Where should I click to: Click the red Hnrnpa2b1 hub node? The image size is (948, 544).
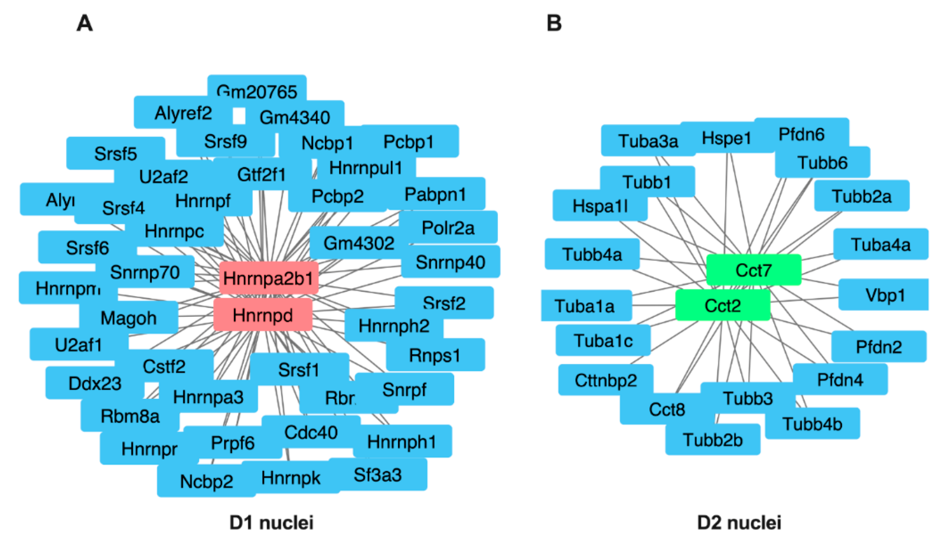pos(268,278)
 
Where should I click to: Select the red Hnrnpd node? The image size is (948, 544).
pos(263,315)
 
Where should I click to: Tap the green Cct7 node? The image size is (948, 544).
pos(753,270)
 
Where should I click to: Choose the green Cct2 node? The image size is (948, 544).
pos(722,306)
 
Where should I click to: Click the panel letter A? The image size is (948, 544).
pos(85,23)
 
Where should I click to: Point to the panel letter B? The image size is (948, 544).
pos(554,23)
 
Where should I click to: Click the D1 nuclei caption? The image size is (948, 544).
pos(271,522)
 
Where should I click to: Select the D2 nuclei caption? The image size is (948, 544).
pos(739,522)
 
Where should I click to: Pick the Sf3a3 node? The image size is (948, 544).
pos(378,475)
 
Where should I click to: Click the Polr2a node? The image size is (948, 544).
pos(448,228)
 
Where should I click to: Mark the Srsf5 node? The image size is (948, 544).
pos(115,153)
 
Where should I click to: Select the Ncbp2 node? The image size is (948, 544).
pos(206,481)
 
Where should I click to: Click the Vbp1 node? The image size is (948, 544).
pos(885,295)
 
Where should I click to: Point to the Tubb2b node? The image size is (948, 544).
pos(713,440)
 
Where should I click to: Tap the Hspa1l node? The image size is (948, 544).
pos(600,206)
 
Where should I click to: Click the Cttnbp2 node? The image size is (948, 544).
pos(606,380)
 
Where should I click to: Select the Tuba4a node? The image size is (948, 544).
pos(880,244)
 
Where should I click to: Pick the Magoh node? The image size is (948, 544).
pos(128,318)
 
